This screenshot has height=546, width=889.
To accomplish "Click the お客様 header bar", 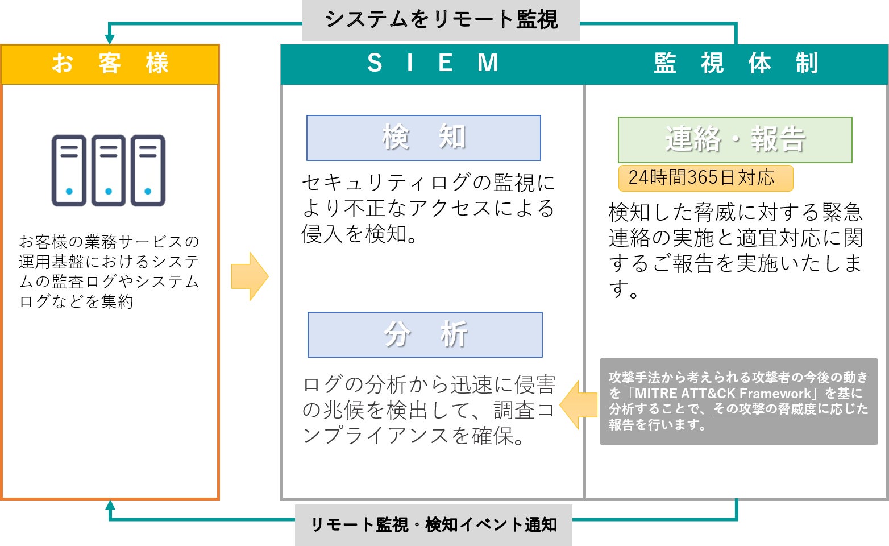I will pyautogui.click(x=110, y=64).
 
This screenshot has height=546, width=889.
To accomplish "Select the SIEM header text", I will pyautogui.click(x=433, y=63).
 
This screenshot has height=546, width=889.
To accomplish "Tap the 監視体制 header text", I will pyautogui.click(x=736, y=63).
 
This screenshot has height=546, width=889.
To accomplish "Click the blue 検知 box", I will pyautogui.click(x=423, y=138).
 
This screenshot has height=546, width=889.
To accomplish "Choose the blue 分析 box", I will pyautogui.click(x=425, y=334).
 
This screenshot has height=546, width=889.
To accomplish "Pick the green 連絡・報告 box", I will pyautogui.click(x=735, y=140).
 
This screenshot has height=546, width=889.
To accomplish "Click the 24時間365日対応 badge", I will pyautogui.click(x=705, y=178).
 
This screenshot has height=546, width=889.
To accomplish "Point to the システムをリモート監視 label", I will pyautogui.click(x=441, y=20).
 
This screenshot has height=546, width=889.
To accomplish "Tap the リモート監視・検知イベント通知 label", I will pyautogui.click(x=434, y=524).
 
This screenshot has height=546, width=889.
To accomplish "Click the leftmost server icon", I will pyautogui.click(x=69, y=170).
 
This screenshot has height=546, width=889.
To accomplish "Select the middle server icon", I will pyautogui.click(x=109, y=170).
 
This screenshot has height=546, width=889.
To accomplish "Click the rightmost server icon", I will pyautogui.click(x=148, y=170).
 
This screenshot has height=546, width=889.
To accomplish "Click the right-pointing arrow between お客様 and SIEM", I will pyautogui.click(x=250, y=276).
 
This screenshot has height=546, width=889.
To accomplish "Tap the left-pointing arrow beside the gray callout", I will pyautogui.click(x=578, y=405).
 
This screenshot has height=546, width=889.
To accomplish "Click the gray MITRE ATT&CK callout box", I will pyautogui.click(x=738, y=401).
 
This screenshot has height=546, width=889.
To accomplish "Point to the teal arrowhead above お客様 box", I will pyautogui.click(x=110, y=39).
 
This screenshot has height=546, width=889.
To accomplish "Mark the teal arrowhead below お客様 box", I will pyautogui.click(x=110, y=505).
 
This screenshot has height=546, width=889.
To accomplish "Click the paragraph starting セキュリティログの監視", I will pyautogui.click(x=428, y=208).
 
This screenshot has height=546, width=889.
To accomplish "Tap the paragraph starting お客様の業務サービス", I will pyautogui.click(x=109, y=271).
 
